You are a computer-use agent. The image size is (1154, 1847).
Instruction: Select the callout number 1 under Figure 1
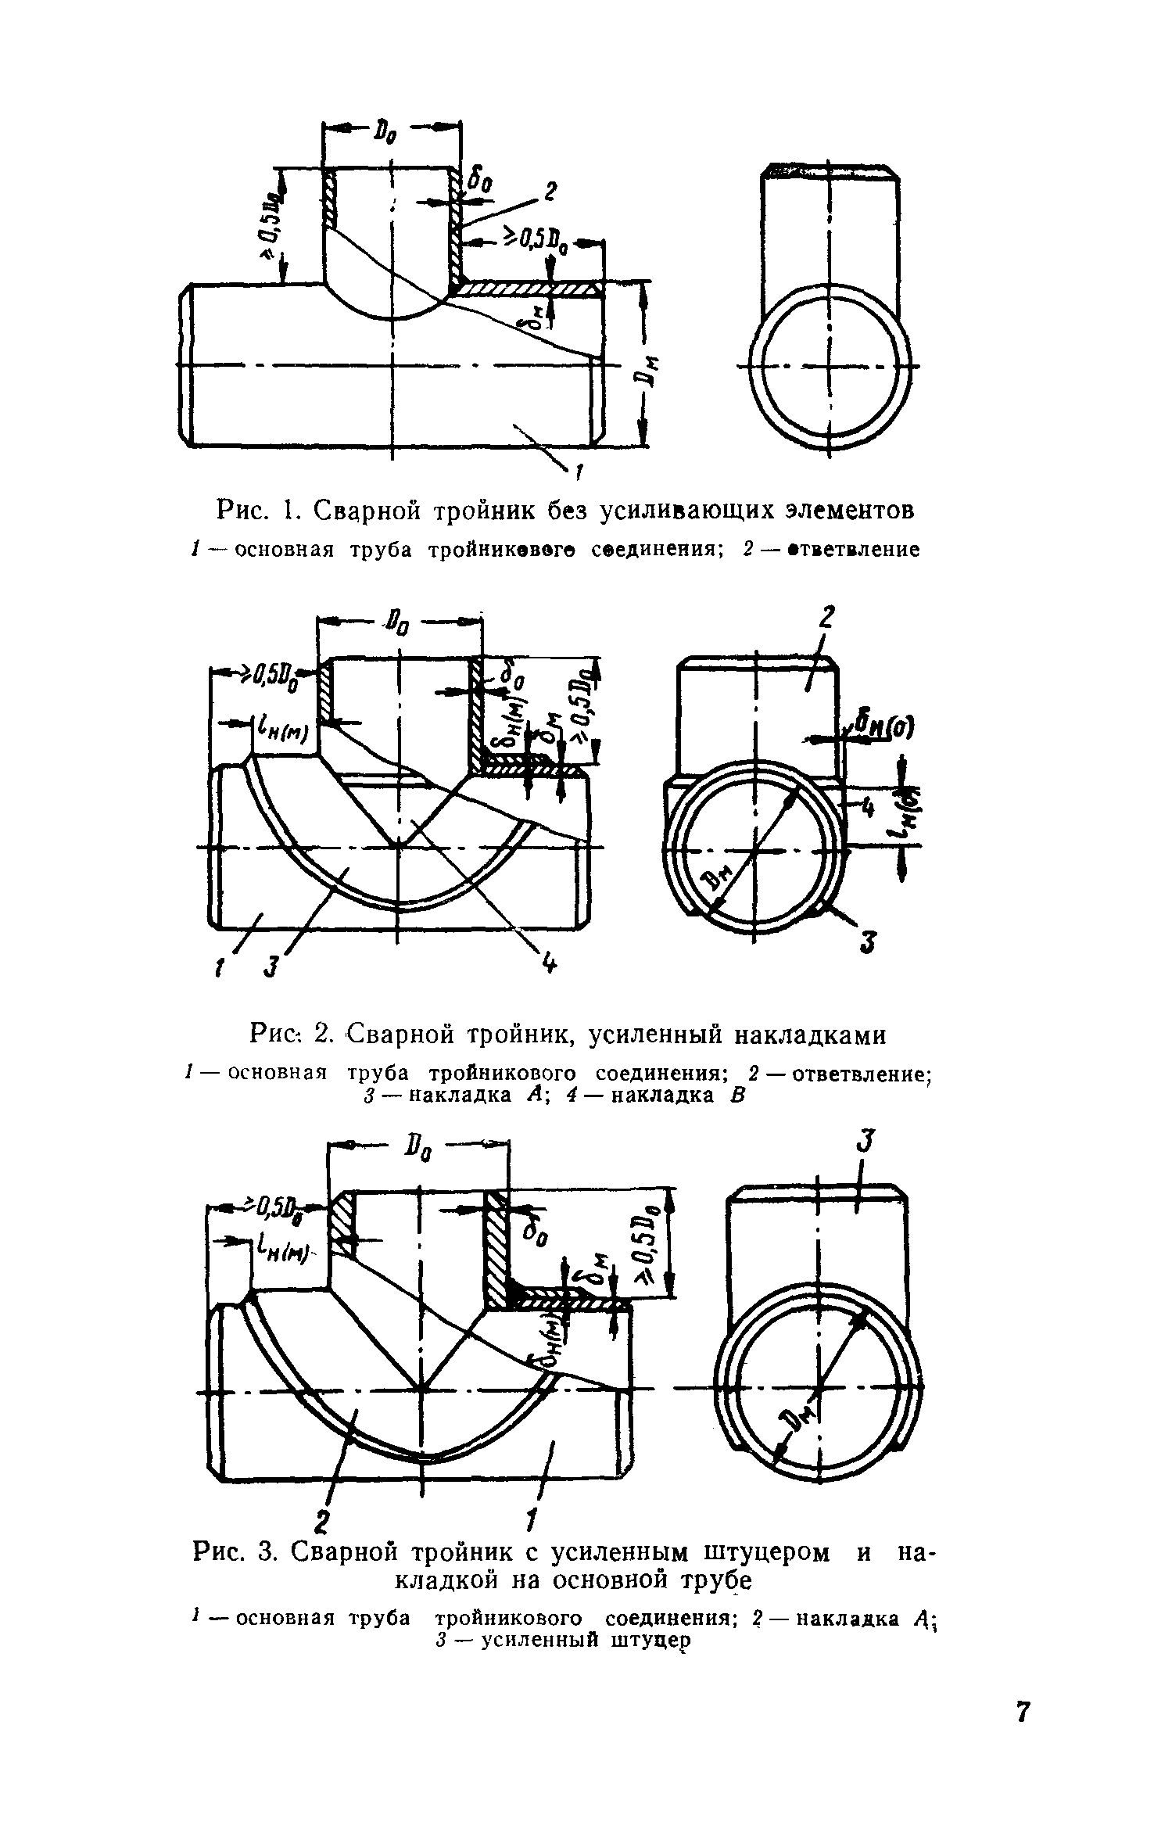click(579, 471)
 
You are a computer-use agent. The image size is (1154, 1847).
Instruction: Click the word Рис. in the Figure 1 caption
click(242, 511)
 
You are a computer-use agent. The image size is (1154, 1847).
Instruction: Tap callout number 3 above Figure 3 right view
click(864, 1142)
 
